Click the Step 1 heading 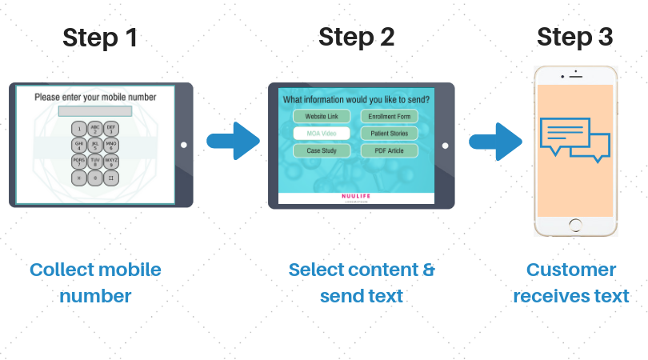click(100, 37)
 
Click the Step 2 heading click(356, 37)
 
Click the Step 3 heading click(575, 37)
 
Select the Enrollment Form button click(390, 117)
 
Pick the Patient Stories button click(390, 134)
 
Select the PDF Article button click(390, 150)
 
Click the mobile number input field click(95, 111)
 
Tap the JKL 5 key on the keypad click(95, 146)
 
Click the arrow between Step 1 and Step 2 click(233, 142)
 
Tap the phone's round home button click(575, 227)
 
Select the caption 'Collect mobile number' click(95, 282)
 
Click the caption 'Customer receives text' click(571, 282)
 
